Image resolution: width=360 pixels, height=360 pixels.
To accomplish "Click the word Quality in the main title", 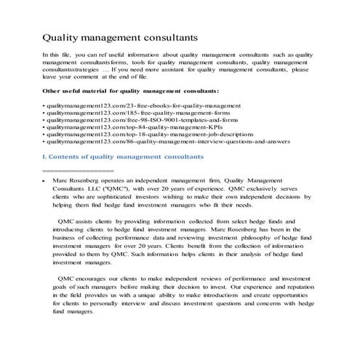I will click(x=63, y=36).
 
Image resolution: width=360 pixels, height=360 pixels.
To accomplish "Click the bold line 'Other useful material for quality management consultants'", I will click(x=131, y=91).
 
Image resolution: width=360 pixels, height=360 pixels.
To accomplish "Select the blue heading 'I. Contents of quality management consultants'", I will click(x=123, y=158).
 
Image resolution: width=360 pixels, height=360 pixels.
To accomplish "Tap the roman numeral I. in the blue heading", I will click(x=45, y=158).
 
